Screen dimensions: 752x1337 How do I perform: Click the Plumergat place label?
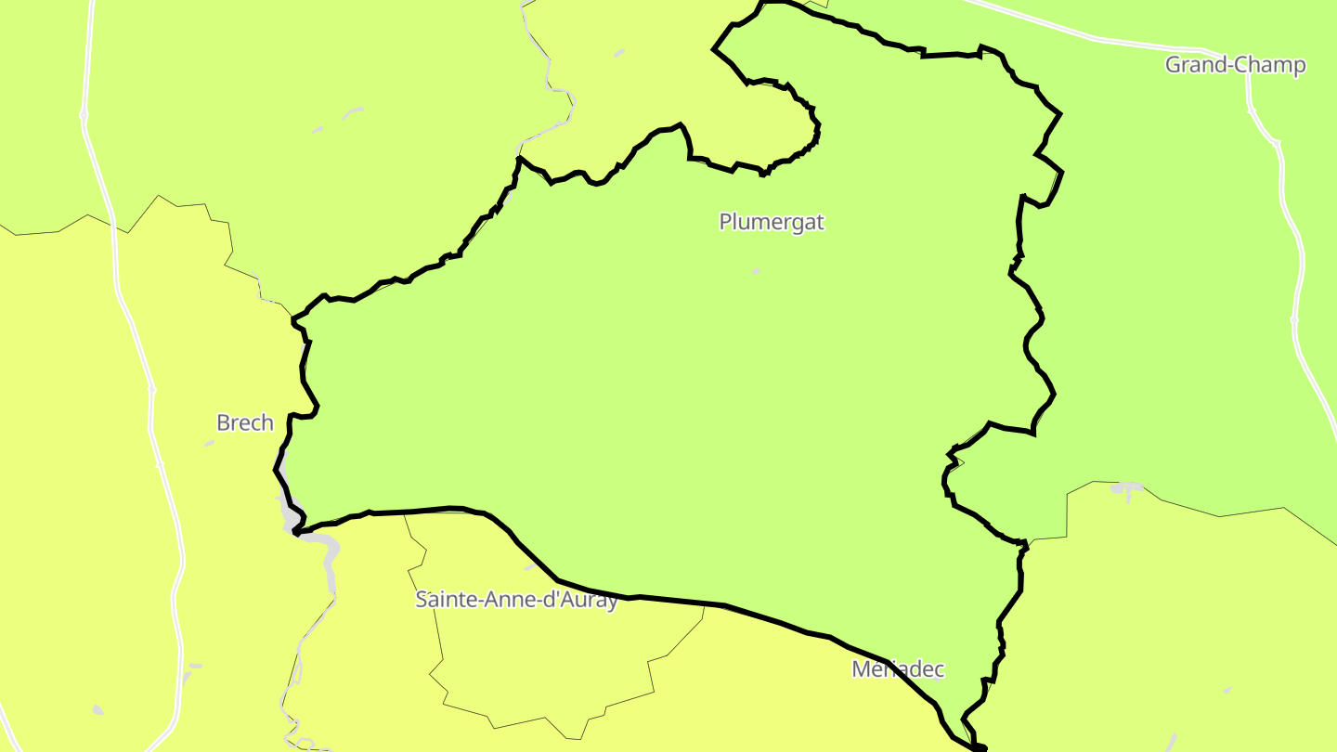tap(772, 222)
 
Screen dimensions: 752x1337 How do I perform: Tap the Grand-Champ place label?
tap(1235, 65)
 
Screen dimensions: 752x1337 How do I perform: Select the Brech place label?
tap(245, 423)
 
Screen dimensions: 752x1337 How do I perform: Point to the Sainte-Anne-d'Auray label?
tap(516, 600)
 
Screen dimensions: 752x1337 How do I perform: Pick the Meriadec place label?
tap(898, 669)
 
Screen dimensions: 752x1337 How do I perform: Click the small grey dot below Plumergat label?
tap(756, 271)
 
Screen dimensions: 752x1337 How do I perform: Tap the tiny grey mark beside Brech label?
tap(209, 444)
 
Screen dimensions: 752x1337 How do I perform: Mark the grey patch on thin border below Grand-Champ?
tap(1127, 487)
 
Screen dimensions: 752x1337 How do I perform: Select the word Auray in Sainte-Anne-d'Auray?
tap(587, 600)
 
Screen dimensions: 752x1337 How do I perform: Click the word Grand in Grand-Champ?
tap(1192, 65)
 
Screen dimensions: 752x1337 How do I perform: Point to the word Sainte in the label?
tap(445, 600)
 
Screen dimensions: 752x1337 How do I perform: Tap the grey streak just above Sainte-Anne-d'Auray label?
tap(529, 566)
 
